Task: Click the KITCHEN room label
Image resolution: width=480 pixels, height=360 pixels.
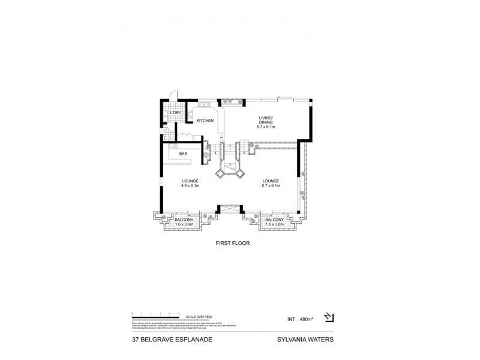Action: tap(205, 121)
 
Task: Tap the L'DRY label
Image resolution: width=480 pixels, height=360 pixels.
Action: tap(175, 113)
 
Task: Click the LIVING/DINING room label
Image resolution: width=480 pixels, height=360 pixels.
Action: tap(265, 120)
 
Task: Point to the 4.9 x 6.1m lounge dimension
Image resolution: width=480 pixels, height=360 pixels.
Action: tap(190, 186)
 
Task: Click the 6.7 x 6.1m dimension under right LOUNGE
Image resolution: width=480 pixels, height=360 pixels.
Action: tap(271, 186)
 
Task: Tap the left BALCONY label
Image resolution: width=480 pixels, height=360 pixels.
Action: tap(184, 220)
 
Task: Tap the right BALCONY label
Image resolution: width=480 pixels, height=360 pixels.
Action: tap(274, 220)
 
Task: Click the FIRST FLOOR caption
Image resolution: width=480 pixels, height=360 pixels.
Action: tap(233, 244)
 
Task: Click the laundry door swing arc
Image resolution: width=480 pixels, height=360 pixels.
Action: tap(173, 96)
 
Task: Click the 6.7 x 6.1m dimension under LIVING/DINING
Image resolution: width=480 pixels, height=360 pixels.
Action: tap(265, 127)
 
